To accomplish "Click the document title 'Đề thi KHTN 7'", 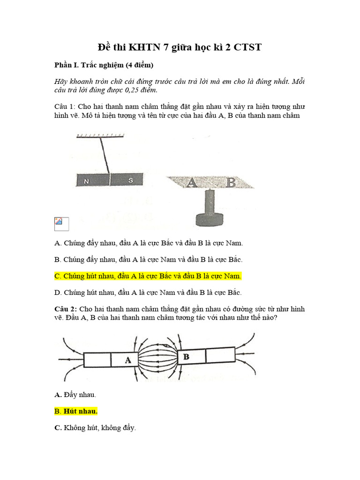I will [180, 47].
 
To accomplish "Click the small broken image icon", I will [62, 224].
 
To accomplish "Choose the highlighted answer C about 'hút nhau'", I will [148, 276].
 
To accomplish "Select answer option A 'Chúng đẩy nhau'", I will [149, 243].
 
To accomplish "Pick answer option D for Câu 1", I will [148, 292].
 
